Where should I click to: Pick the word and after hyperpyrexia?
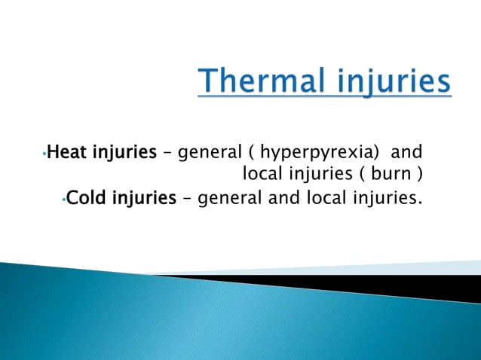tap(409, 154)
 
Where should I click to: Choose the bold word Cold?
tap(87, 199)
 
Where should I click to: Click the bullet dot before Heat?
tap(45, 156)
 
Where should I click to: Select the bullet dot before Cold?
tap(65, 201)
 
